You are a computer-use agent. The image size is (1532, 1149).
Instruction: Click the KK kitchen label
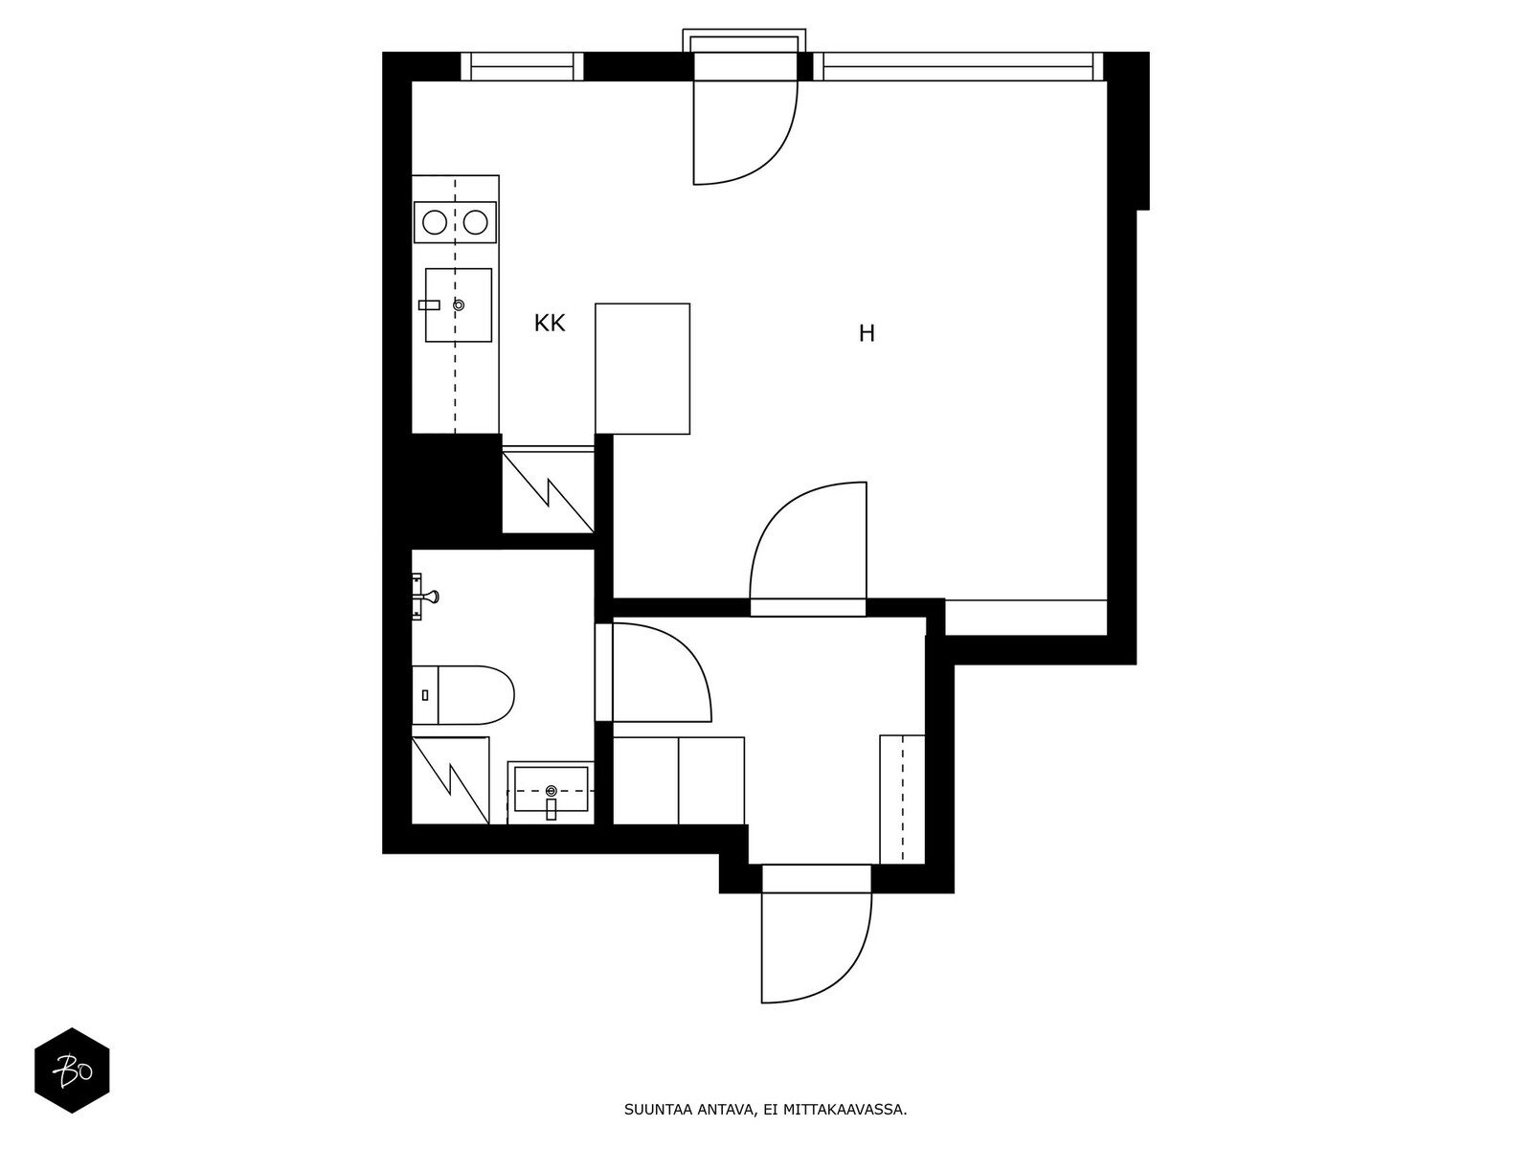[x=550, y=323]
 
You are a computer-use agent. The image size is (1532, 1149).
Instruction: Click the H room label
[x=867, y=333]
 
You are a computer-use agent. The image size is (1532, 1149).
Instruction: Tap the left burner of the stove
[x=435, y=222]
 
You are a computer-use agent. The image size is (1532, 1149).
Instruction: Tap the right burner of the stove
[x=475, y=222]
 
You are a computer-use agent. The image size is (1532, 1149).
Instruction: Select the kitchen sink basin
[x=459, y=304]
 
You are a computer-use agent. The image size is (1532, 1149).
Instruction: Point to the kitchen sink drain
[x=459, y=304]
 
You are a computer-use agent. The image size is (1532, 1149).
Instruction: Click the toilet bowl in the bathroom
[x=475, y=695]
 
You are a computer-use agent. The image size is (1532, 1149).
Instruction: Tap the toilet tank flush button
[x=425, y=695]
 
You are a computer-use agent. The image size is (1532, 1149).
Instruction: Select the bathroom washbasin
[x=551, y=793]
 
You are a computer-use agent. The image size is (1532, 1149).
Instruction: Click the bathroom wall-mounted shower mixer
[x=423, y=597]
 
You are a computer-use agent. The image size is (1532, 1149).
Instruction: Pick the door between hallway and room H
[x=808, y=608]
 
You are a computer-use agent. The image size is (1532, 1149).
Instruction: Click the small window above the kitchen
[x=522, y=67]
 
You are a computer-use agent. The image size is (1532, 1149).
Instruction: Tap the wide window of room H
[x=958, y=67]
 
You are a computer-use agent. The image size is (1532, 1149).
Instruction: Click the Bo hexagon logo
[x=72, y=1070]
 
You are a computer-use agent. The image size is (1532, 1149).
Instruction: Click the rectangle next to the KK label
[x=642, y=369]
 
